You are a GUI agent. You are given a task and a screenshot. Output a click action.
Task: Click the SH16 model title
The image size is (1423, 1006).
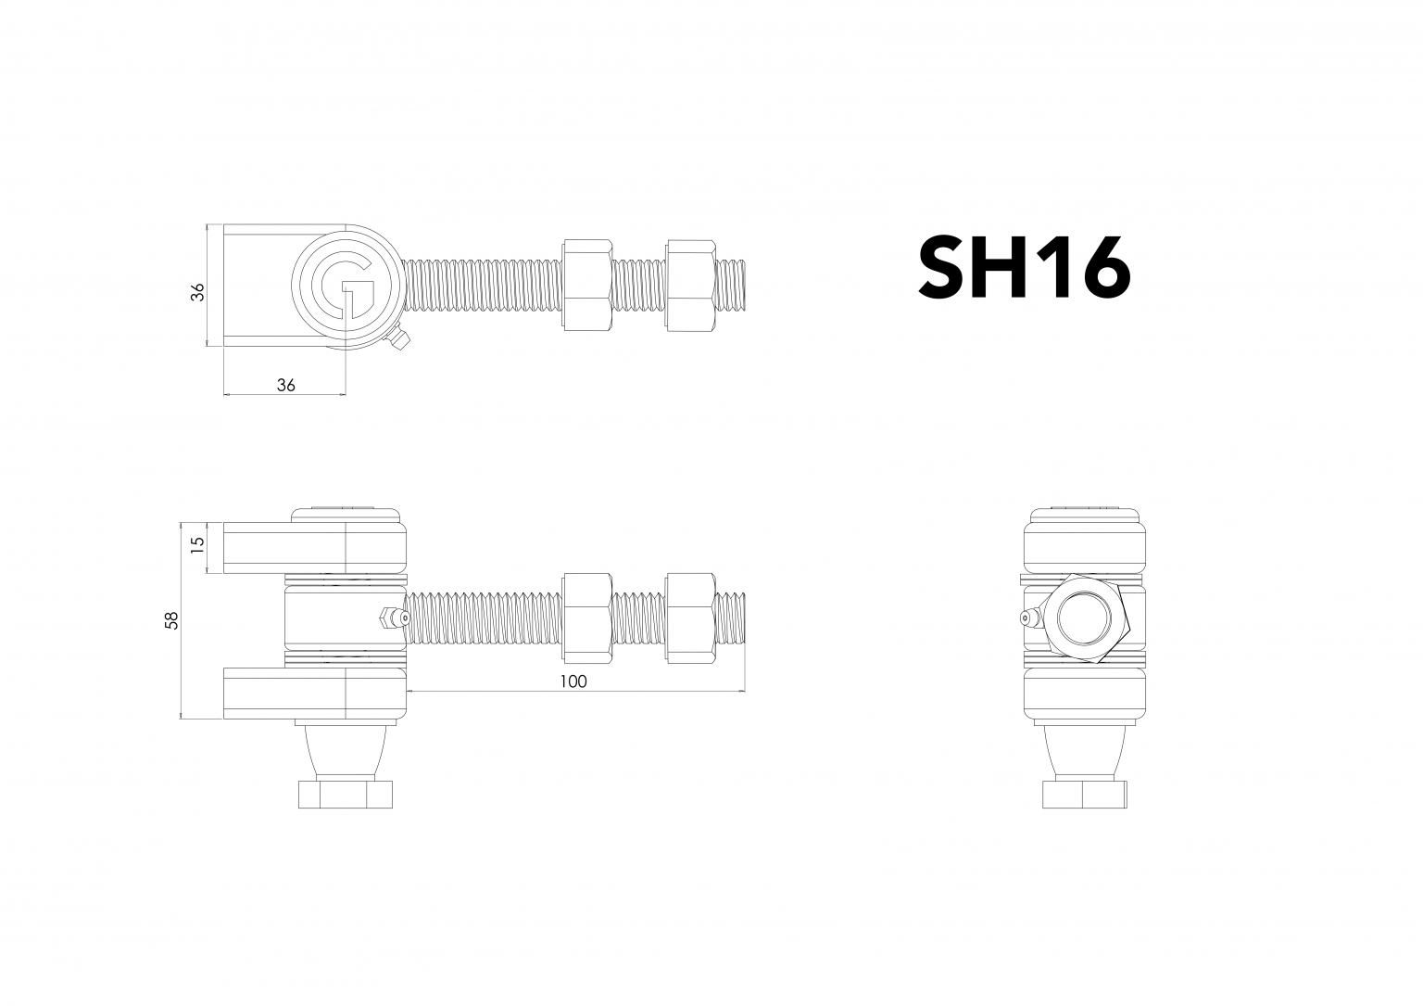pos(1024,267)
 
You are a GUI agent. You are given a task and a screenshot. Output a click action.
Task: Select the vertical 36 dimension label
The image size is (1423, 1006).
pos(197,292)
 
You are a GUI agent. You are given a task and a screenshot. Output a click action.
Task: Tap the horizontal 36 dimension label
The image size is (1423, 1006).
pos(285,385)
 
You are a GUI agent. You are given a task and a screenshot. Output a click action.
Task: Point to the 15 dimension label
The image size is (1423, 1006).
pos(196,546)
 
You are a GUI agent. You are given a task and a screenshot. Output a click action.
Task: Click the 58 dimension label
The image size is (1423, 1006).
pos(171,621)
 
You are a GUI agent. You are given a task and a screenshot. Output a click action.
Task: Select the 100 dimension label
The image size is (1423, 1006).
pos(573,681)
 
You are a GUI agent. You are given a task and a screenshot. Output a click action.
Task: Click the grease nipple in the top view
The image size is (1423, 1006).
pos(399,342)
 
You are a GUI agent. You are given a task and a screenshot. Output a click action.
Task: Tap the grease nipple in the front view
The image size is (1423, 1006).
pos(389,618)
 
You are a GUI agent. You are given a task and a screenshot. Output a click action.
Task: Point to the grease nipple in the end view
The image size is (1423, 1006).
pos(1030,618)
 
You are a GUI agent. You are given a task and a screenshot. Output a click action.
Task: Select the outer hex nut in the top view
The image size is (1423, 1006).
pos(689,284)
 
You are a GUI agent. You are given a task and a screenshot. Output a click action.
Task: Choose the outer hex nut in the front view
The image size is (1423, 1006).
pos(689,618)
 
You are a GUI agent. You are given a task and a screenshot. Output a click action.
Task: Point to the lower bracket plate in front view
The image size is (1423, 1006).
pos(313,694)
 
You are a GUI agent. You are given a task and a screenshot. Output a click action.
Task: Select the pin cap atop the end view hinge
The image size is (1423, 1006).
pos(1084,513)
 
